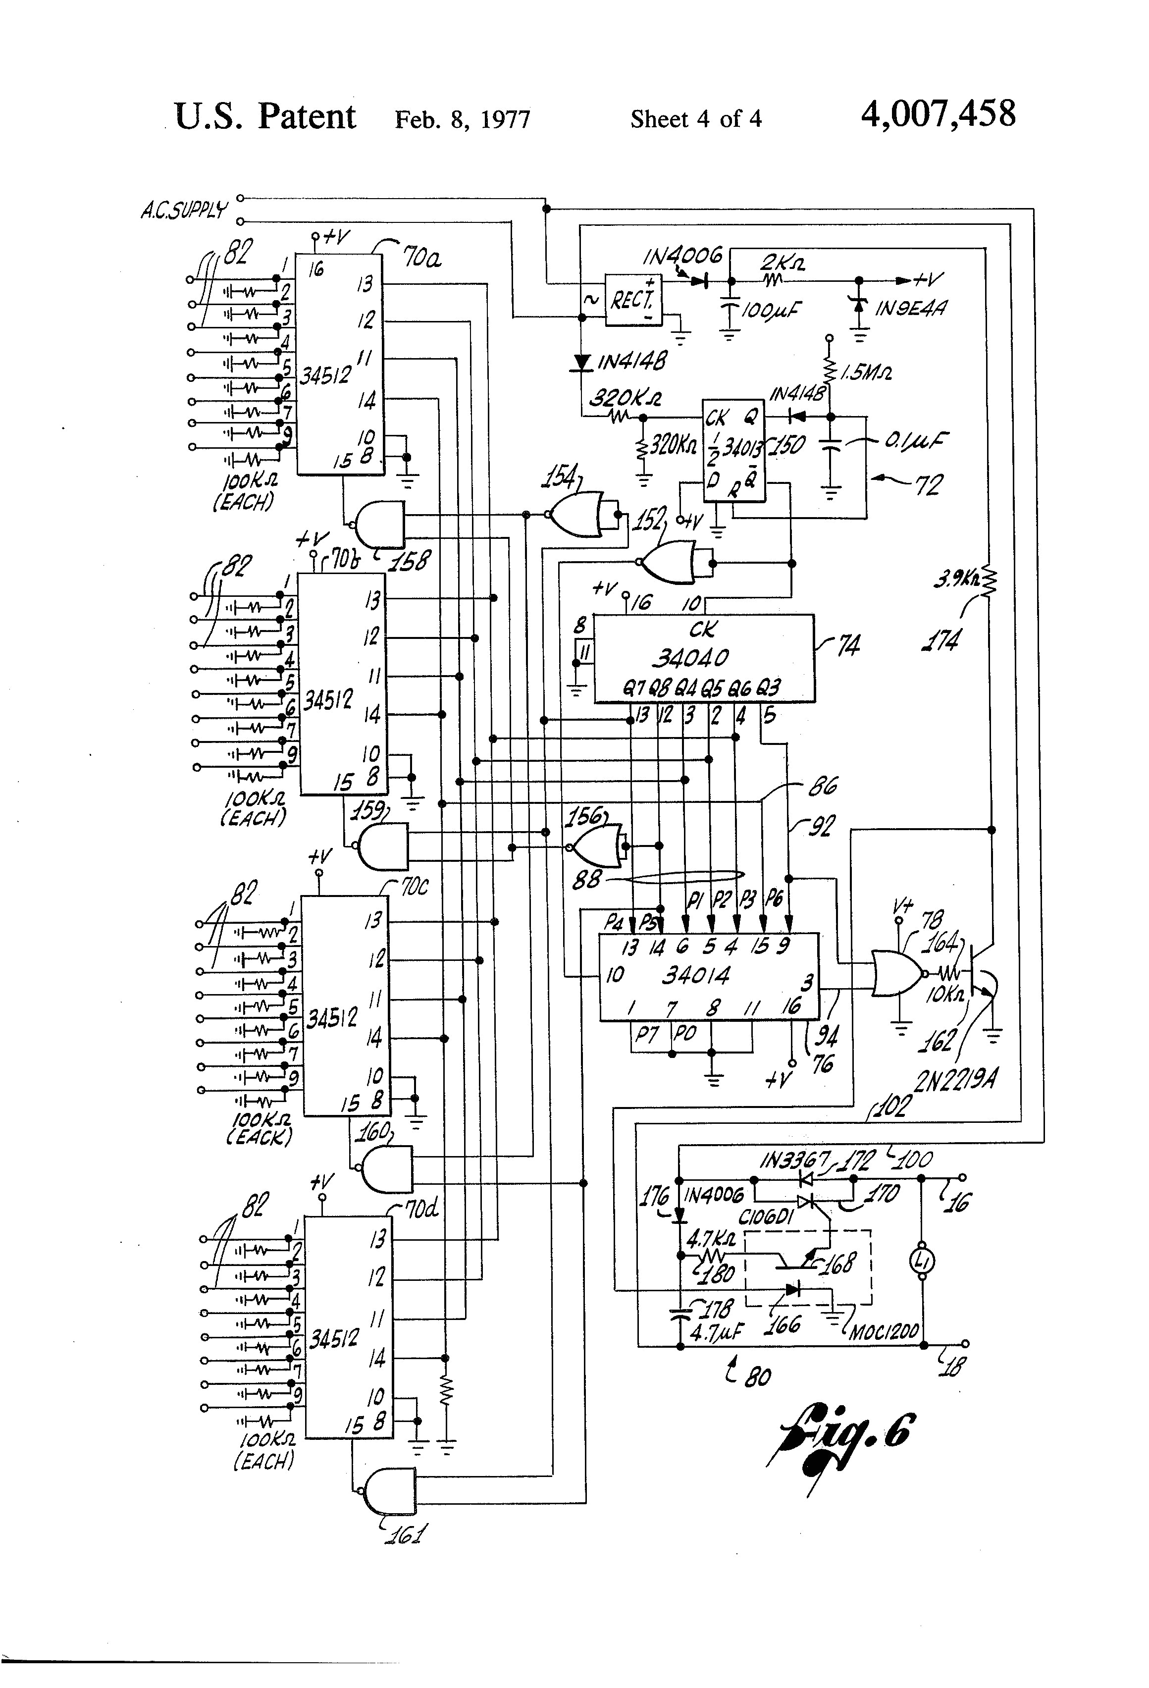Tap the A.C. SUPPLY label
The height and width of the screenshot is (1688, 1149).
(x=184, y=211)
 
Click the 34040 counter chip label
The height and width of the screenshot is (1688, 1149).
(x=690, y=658)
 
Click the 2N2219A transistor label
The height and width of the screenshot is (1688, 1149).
(x=955, y=1081)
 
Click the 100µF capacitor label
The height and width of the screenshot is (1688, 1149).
(x=770, y=311)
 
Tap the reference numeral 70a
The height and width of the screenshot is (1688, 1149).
(x=422, y=258)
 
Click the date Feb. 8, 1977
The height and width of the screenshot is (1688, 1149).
(x=463, y=119)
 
